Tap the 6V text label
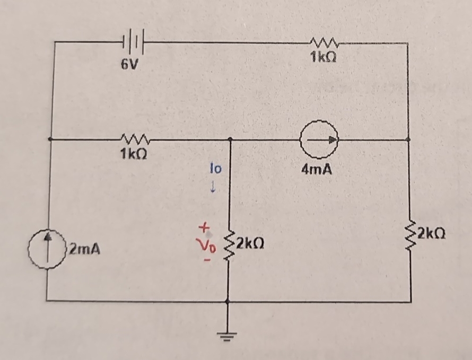(129, 65)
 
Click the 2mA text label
(82, 248)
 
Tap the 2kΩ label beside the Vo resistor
(249, 244)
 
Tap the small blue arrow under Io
(213, 187)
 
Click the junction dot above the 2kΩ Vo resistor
(229, 140)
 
